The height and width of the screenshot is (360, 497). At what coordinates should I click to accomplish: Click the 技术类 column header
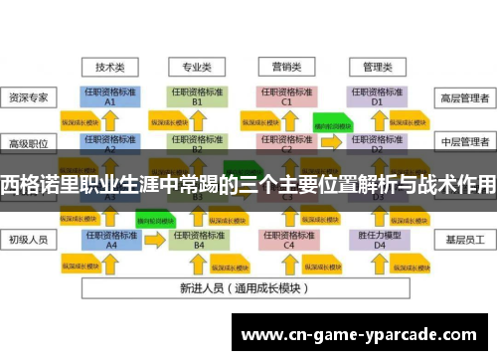coord(110,68)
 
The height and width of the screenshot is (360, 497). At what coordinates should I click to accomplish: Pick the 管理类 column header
coord(376,68)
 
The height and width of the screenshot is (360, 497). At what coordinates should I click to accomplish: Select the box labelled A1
coord(110,96)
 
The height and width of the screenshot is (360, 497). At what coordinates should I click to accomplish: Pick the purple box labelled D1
coord(376,96)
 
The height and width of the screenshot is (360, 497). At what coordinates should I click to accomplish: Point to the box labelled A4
coord(110,240)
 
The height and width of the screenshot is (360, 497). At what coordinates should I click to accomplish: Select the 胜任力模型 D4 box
coord(376,240)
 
